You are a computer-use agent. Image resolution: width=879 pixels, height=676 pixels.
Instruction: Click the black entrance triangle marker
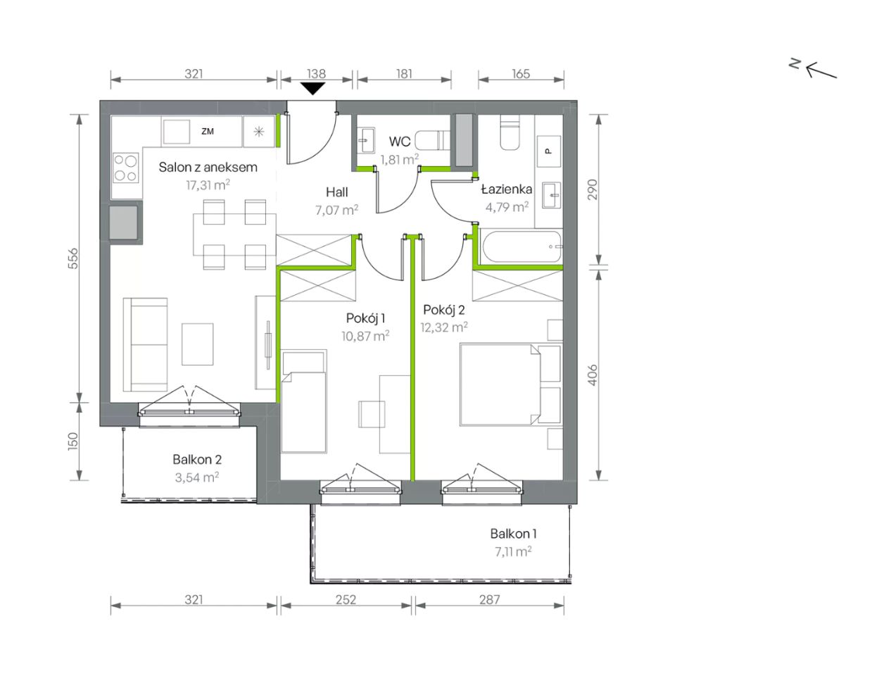click(x=312, y=88)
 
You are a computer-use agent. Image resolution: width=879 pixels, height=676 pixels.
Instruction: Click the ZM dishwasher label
click(x=208, y=131)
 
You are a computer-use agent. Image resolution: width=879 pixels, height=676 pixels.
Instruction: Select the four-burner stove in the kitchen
click(x=126, y=168)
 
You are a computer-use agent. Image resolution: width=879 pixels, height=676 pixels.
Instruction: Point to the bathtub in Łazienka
click(x=521, y=246)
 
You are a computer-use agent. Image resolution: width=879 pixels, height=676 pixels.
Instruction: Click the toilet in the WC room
click(x=433, y=140)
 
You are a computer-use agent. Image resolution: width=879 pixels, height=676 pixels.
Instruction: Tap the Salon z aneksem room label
click(x=208, y=167)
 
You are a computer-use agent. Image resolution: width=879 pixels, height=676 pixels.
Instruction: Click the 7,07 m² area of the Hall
click(x=336, y=210)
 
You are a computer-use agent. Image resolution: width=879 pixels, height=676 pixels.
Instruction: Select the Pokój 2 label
click(x=444, y=310)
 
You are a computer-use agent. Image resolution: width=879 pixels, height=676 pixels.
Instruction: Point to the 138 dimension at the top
click(x=316, y=74)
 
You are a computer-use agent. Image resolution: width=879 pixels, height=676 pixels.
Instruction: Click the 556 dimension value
click(x=72, y=258)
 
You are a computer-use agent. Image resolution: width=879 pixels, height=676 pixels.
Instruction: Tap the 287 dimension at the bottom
click(x=489, y=599)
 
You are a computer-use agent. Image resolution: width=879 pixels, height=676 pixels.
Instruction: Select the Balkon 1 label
click(x=513, y=534)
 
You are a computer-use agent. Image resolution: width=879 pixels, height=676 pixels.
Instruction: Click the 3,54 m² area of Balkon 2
click(x=197, y=477)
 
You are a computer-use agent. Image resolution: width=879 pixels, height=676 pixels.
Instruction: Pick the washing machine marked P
click(x=549, y=151)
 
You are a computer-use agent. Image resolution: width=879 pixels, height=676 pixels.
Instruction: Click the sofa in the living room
click(x=145, y=344)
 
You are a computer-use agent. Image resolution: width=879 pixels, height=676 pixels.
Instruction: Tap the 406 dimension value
click(x=592, y=375)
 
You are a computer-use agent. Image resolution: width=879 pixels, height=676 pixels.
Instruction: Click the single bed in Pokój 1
click(x=304, y=401)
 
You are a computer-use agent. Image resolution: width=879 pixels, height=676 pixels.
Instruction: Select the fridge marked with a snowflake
click(x=259, y=132)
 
